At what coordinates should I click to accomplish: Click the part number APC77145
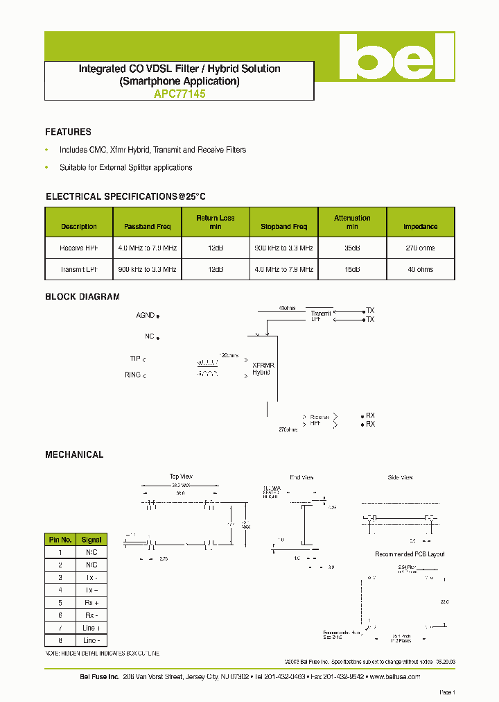coord(180,94)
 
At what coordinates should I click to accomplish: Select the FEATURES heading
coord(68,132)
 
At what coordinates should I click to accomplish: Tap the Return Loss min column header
coord(216,222)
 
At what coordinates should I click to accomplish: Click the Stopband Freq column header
coord(283,227)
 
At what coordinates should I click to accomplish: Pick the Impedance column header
coord(420,227)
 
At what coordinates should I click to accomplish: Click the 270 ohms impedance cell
coord(420,248)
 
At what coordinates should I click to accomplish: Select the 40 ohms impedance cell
coord(420,269)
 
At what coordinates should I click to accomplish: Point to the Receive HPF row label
coord(79,248)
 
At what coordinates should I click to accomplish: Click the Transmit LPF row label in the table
coord(79,269)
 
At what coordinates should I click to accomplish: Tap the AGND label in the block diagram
coord(146,316)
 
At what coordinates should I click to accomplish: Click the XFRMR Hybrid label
coord(262,368)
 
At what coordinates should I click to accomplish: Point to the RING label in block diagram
coord(132,375)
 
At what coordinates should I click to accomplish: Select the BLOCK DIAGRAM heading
coord(82,297)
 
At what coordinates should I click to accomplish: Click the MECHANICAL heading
coord(74,455)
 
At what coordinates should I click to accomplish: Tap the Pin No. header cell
coord(60,540)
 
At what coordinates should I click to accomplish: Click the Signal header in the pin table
coord(91,540)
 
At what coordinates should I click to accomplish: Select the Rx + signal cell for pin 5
coord(91,603)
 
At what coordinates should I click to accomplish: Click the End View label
coord(301,477)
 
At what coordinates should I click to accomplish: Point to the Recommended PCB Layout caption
coord(410,554)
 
